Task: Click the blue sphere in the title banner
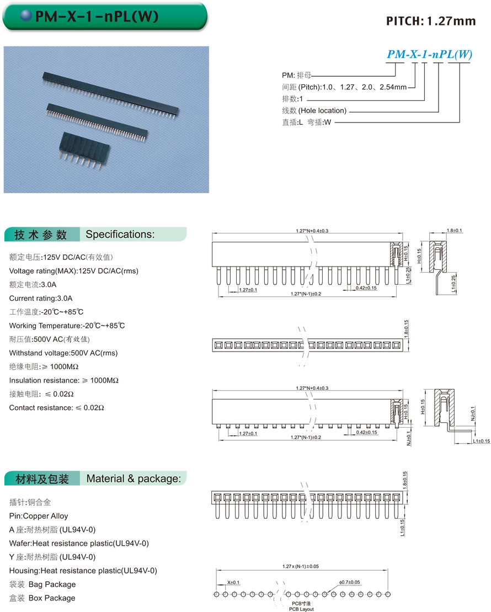[x=26, y=17]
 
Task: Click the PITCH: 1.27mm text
[x=431, y=21]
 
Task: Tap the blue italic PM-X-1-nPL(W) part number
[x=430, y=54]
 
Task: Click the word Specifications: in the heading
[x=120, y=234]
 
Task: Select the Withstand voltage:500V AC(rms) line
[x=63, y=353]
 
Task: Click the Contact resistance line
[x=57, y=408]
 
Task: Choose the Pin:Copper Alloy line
[x=39, y=516]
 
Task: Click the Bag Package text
[x=52, y=584]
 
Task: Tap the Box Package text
[x=52, y=598]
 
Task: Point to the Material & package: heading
[x=134, y=478]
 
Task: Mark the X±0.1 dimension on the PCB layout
[x=233, y=582]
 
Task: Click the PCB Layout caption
[x=301, y=609]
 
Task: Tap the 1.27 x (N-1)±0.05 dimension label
[x=301, y=567]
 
